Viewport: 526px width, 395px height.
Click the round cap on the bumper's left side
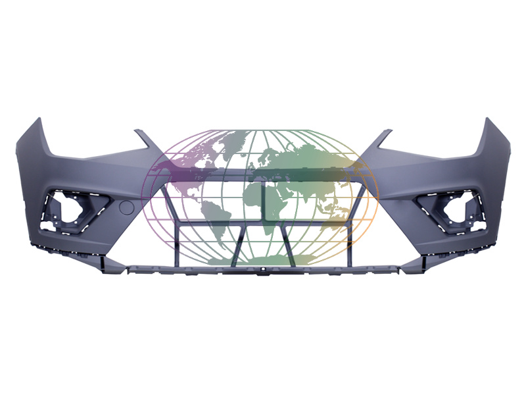128,208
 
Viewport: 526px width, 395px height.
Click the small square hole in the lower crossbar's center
262,270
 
